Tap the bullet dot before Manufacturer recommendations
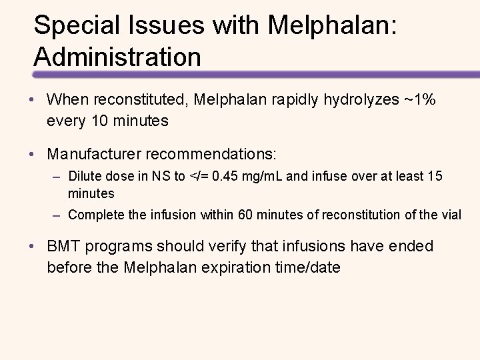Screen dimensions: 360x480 [37, 154]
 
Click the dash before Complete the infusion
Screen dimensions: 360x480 [59, 215]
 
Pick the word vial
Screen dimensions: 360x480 [451, 215]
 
